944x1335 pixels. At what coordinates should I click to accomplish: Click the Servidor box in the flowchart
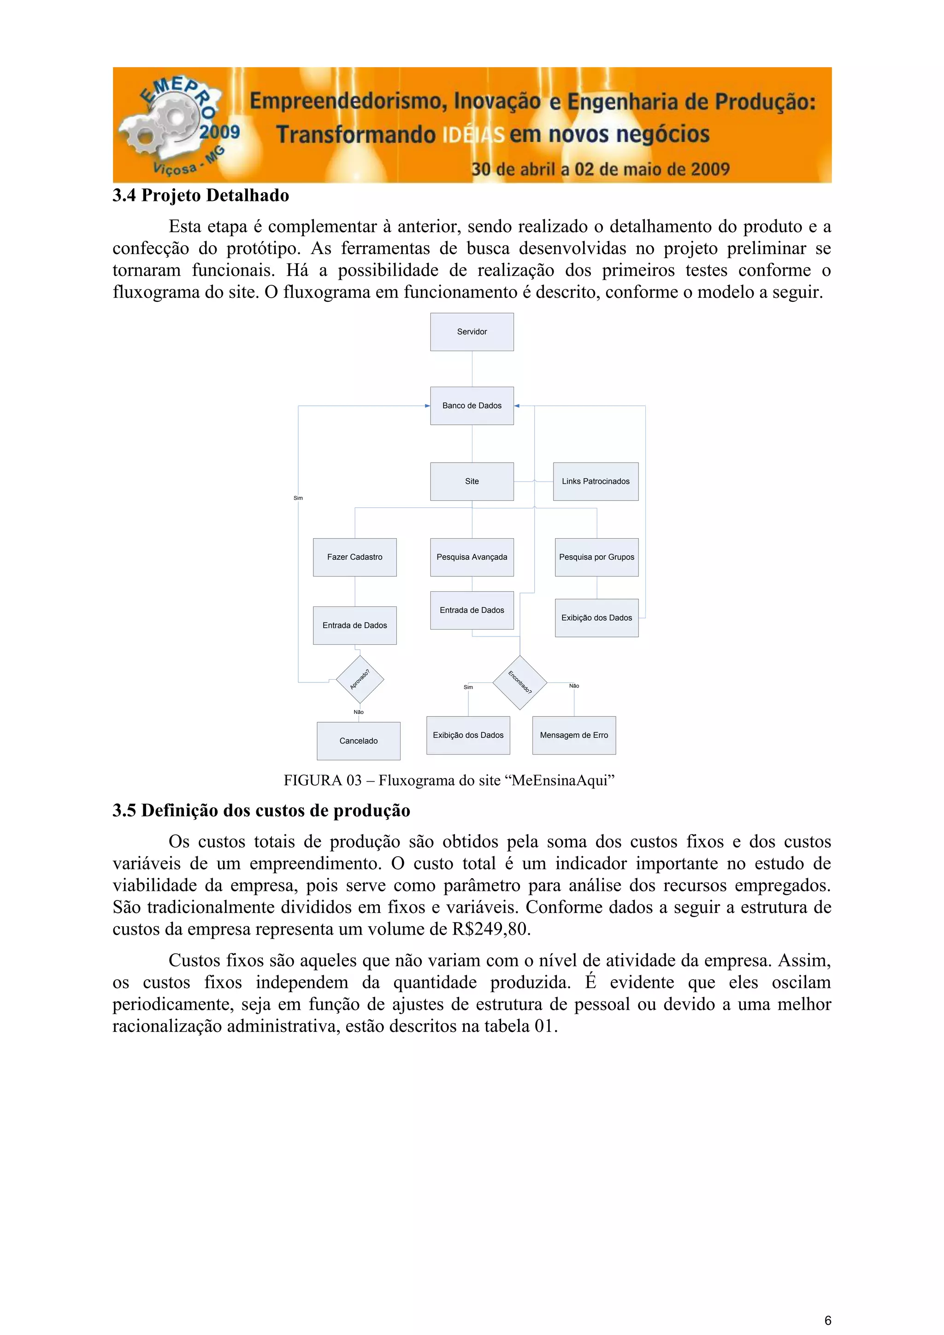click(x=472, y=331)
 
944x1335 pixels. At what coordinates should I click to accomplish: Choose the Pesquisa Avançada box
click(x=472, y=557)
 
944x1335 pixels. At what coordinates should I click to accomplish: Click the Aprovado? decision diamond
click(x=360, y=679)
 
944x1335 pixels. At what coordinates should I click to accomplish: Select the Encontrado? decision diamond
click(x=519, y=682)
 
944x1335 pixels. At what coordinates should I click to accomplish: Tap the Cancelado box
click(x=358, y=740)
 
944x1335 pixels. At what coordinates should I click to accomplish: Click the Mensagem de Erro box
click(x=573, y=735)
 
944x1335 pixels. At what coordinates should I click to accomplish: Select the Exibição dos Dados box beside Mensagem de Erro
click(x=468, y=735)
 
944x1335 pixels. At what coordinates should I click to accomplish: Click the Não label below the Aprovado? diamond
click(x=358, y=712)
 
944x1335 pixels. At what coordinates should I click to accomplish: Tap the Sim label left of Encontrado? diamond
click(x=468, y=687)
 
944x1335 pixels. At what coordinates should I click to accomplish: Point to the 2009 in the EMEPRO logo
click(x=219, y=132)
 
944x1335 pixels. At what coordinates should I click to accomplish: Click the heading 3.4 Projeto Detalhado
click(x=201, y=195)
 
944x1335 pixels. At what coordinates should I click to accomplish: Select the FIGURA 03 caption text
click(x=448, y=780)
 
